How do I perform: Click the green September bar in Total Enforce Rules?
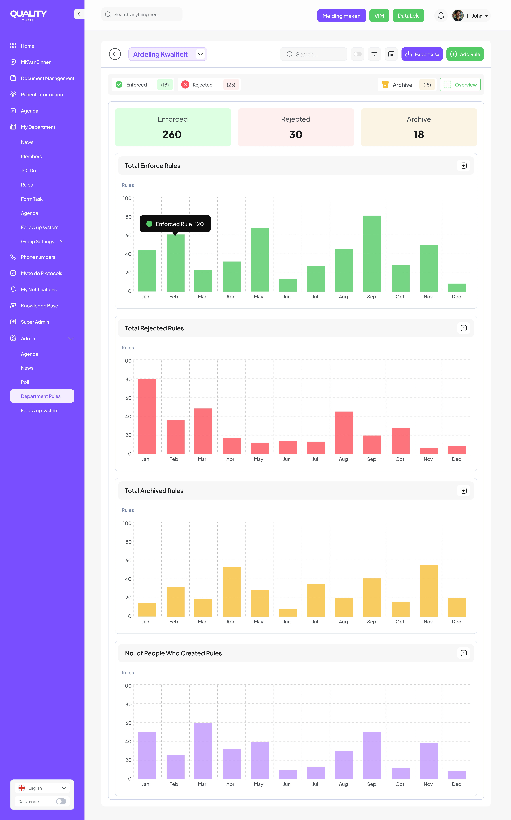coord(372,253)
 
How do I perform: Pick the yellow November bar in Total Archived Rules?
coord(429,591)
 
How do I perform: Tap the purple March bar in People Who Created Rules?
coord(203,751)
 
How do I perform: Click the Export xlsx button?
coord(422,54)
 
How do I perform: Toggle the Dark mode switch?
coord(61,801)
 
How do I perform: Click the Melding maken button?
coord(341,16)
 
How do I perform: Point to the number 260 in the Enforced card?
coord(172,134)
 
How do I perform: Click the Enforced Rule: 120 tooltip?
coord(175,224)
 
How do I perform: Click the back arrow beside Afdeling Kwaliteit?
coord(115,54)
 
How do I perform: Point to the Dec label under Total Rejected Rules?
coord(456,459)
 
